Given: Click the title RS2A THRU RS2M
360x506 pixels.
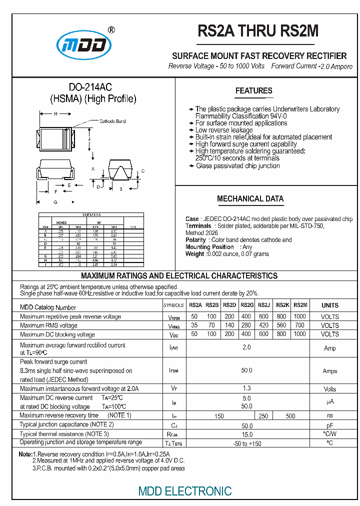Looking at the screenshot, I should click(258, 31).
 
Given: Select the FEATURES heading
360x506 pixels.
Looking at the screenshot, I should click(254, 90).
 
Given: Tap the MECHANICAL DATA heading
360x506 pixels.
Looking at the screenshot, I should click(250, 198).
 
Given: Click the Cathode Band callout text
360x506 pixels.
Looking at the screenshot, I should click(112, 121).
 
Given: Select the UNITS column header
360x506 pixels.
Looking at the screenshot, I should click(329, 305).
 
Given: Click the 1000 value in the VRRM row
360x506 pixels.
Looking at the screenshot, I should click(299, 316).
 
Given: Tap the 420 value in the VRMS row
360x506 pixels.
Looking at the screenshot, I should click(264, 325).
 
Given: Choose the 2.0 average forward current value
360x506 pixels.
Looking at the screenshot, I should click(246, 347).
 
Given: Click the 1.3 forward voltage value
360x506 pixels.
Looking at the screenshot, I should click(246, 388).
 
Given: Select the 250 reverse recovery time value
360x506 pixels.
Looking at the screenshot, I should click(263, 416).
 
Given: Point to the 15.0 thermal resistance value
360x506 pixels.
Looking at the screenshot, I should click(246, 434).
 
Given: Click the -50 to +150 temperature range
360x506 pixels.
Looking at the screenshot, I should click(246, 443).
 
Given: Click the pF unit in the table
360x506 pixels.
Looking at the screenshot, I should click(329, 425).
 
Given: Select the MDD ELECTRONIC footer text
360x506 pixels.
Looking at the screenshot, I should click(184, 491).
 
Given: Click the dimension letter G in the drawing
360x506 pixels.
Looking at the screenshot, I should click(55, 202).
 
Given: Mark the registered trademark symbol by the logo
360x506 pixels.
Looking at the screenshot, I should click(111, 30).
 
